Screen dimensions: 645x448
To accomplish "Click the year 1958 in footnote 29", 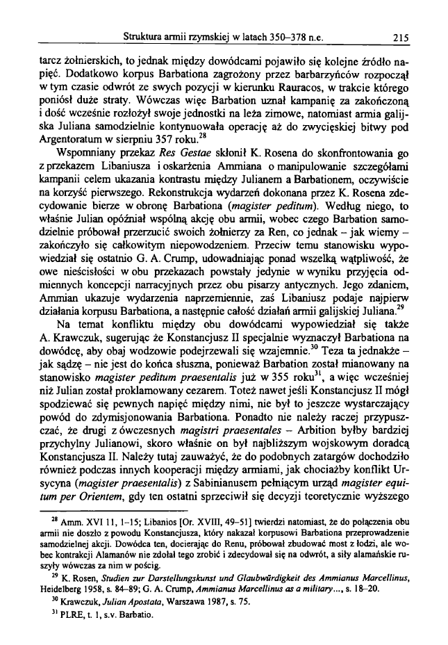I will point(101,582).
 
